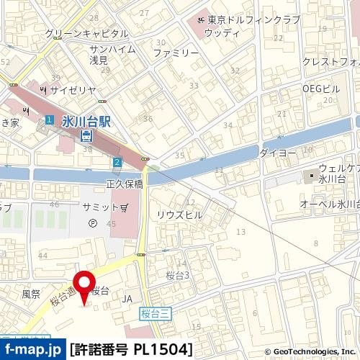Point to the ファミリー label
pyautogui.click(x=176, y=53)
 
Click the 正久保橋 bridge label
pyautogui.click(x=124, y=183)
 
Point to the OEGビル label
pyautogui.click(x=320, y=88)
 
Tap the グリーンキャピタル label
pyautogui.click(x=86, y=33)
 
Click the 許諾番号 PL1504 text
pyautogui.click(x=132, y=350)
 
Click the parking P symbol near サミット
pyautogui.click(x=91, y=223)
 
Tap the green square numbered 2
pyautogui.click(x=117, y=162)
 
